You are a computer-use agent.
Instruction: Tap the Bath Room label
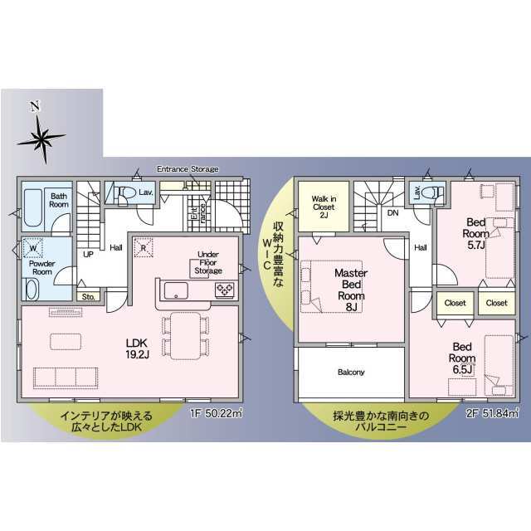tap(59, 200)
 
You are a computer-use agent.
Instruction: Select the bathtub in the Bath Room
tap(33, 208)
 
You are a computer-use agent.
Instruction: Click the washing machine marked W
tap(33, 248)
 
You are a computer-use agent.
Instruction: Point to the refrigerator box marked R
tap(144, 247)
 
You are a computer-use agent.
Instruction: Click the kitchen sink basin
tap(176, 290)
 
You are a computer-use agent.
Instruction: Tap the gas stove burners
tap(225, 290)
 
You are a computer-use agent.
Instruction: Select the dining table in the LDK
tap(186, 335)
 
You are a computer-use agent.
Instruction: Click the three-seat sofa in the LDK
tap(66, 378)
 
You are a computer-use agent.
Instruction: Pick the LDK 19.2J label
tap(137, 348)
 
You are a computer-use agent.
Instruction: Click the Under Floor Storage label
tap(208, 262)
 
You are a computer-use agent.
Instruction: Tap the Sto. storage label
tap(89, 297)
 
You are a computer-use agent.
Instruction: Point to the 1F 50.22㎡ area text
tap(216, 413)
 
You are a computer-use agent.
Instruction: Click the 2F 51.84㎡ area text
tap(492, 413)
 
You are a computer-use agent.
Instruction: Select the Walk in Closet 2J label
tap(324, 207)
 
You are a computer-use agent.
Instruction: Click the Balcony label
tap(351, 373)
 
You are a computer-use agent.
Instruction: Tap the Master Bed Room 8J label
tap(351, 290)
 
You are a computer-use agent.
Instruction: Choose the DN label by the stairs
tap(392, 213)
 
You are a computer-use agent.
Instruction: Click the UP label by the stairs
tap(88, 254)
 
